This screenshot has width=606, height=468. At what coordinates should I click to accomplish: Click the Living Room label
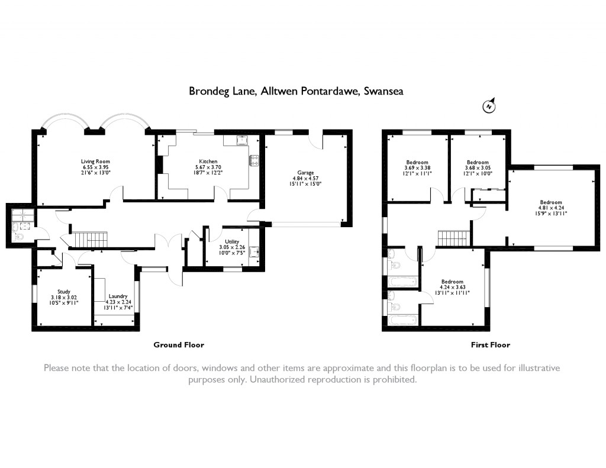click(x=95, y=161)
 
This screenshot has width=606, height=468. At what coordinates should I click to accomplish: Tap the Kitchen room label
click(x=208, y=161)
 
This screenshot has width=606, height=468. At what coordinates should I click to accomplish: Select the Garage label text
click(x=305, y=172)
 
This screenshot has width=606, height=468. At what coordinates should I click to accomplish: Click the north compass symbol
click(x=489, y=106)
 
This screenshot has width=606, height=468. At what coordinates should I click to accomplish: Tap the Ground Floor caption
click(x=179, y=344)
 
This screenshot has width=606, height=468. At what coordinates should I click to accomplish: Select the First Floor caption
click(x=490, y=344)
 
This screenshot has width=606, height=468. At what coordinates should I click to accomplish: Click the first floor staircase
click(x=453, y=238)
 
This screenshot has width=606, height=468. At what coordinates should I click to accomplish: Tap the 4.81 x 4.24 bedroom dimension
click(x=550, y=208)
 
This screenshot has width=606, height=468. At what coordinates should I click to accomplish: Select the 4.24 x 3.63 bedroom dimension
click(x=452, y=287)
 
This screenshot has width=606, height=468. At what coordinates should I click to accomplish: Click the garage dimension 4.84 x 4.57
click(x=305, y=178)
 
